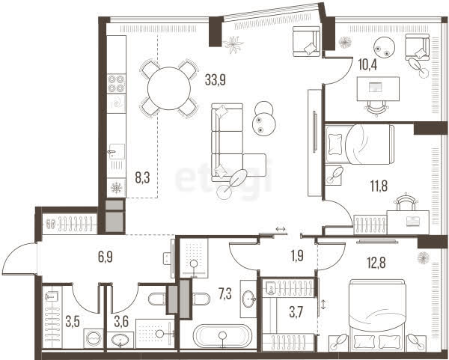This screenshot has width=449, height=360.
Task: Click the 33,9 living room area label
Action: point(216,80)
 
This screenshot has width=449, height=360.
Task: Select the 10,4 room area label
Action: point(367,64)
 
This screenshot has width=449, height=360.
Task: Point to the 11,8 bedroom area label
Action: point(379,186)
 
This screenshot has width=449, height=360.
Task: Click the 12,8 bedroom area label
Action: point(376,263)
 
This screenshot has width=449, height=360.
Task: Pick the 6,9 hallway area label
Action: point(106,257)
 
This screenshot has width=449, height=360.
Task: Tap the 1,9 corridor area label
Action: point(297,255)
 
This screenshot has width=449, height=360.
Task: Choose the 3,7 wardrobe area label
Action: point(296,312)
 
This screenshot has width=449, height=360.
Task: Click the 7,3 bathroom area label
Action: point(225,294)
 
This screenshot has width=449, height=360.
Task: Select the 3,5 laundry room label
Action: point(73,322)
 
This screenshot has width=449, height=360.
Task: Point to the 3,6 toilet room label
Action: point(121,322)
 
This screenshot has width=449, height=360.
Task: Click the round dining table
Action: point(169,88)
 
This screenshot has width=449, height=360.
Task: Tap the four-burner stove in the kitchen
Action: point(116,83)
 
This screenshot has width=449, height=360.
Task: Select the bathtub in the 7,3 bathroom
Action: point(222,336)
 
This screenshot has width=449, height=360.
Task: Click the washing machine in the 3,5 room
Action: point(94,338)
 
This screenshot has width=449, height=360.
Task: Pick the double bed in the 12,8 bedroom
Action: point(377,314)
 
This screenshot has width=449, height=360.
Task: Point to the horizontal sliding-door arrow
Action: point(281,229)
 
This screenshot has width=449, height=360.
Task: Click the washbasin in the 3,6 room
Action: point(120,340)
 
